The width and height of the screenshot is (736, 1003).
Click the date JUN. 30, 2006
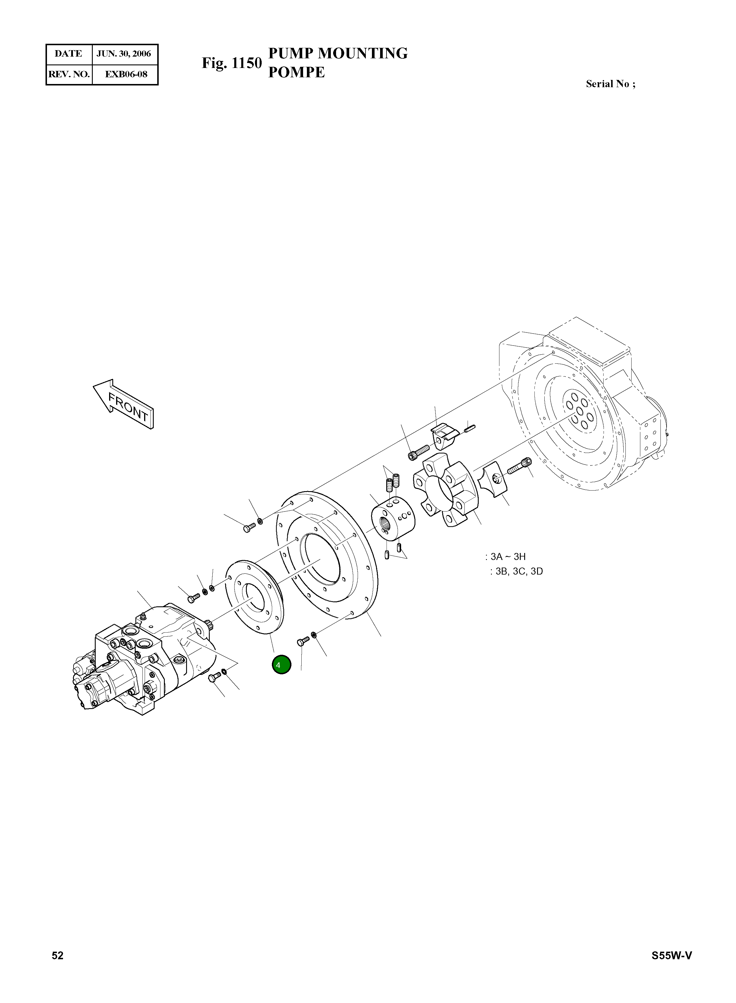coord(124,54)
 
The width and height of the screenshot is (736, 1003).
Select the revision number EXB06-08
coord(126,74)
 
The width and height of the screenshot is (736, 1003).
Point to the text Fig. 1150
coord(232,63)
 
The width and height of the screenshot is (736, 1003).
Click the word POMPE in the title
coord(296,72)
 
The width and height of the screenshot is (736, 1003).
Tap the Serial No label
coord(610,84)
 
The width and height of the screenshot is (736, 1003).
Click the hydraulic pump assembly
coord(143,655)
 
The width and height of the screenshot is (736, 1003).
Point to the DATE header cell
coord(68,54)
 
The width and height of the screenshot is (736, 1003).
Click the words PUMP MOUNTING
coord(338,53)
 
